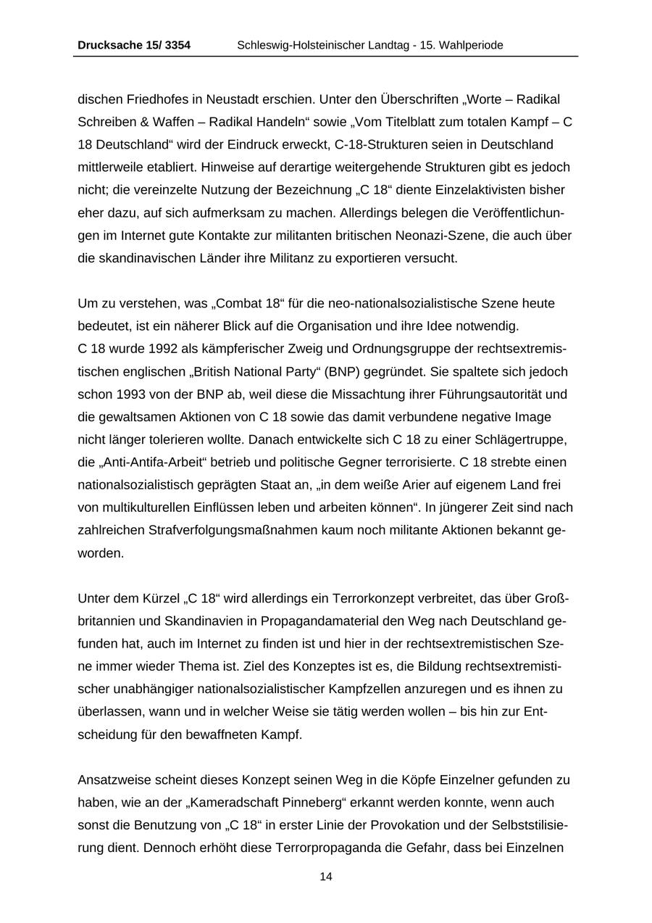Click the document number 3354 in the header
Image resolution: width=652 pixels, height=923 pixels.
177,45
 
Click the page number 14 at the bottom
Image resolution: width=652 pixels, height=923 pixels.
326,877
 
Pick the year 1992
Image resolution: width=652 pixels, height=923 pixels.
162,349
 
